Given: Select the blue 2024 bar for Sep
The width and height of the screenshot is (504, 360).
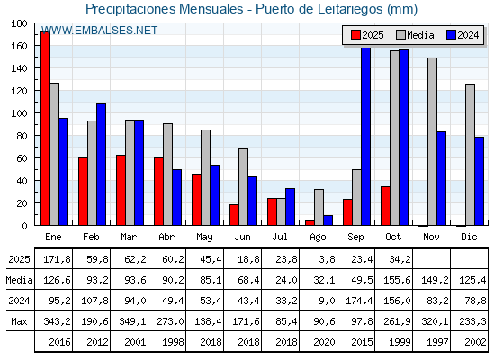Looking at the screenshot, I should tap(365, 136).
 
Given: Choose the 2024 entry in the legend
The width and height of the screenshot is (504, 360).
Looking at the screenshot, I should tap(461, 35).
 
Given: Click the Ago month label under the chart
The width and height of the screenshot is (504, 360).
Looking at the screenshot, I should tap(319, 237).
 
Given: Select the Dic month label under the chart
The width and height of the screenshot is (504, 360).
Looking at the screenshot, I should tap(469, 237).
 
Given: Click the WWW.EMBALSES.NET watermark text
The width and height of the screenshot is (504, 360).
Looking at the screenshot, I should tap(99, 31).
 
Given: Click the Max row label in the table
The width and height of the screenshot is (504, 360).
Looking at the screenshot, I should tap(17, 321).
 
